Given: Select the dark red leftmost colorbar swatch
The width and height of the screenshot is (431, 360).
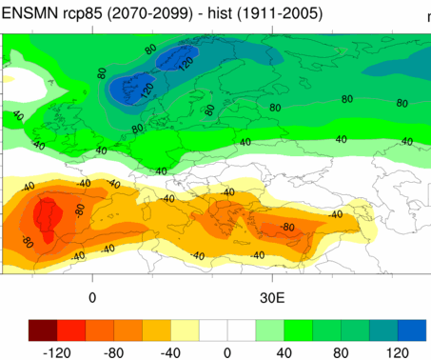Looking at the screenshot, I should click(44, 329).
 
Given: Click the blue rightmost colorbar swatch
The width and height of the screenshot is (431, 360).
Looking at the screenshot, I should click(412, 329).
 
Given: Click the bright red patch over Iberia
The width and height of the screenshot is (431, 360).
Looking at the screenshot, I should click(44, 216).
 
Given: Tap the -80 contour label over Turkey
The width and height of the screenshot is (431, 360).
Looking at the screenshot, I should click(288, 228).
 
